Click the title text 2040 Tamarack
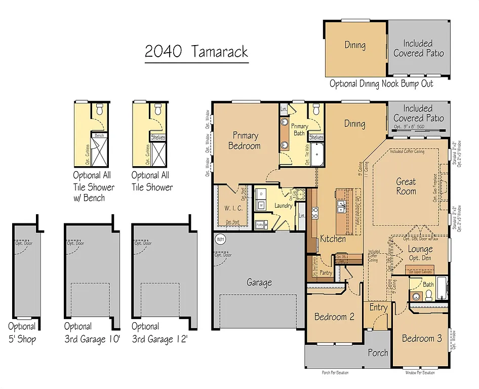[x=196, y=51]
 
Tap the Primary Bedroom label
[x=246, y=141]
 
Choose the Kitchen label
[x=333, y=239]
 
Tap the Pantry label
[x=326, y=273]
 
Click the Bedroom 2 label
[x=334, y=317]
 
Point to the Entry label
[x=378, y=307]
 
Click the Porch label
[x=378, y=353]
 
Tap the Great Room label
[x=406, y=186]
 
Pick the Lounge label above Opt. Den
[x=420, y=249]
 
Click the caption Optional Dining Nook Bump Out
[x=381, y=84]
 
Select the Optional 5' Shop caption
[x=22, y=333]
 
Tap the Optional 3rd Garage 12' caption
[x=160, y=333]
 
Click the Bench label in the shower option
[x=100, y=135]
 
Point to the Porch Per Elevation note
[x=335, y=373]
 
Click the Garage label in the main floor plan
[x=259, y=283]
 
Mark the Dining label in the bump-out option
[x=355, y=45]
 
